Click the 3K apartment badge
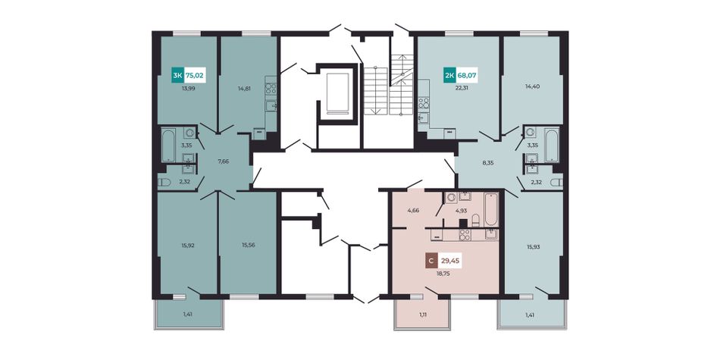(x=177, y=75)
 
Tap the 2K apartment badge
(x=449, y=75)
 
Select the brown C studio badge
(x=430, y=261)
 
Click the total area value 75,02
(x=194, y=75)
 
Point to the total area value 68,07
(x=467, y=75)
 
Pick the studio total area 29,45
(x=450, y=261)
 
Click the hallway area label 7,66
(x=223, y=161)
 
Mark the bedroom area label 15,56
(x=249, y=245)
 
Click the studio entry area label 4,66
(x=413, y=211)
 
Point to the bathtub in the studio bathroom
(x=491, y=209)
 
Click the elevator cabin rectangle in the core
(x=337, y=92)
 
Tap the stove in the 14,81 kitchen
(x=271, y=89)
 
